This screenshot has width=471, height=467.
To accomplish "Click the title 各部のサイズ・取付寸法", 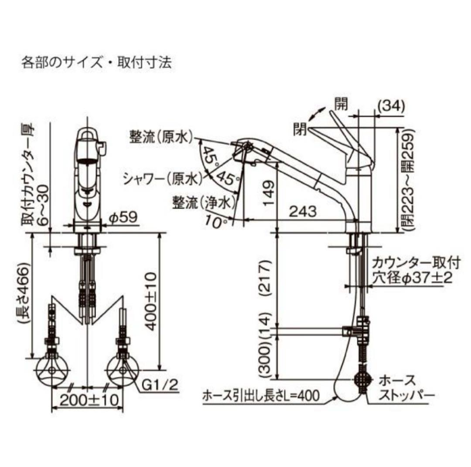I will click(x=96, y=63).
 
